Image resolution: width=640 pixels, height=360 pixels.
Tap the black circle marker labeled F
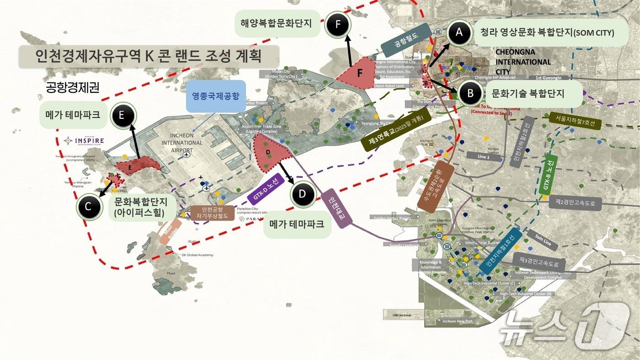[x=337, y=25]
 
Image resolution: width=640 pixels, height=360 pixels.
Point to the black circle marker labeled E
[x=122, y=115]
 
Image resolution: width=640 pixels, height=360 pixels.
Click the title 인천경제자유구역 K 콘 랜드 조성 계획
[x=149, y=56]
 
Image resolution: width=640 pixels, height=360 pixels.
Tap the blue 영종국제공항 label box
[x=216, y=96]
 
